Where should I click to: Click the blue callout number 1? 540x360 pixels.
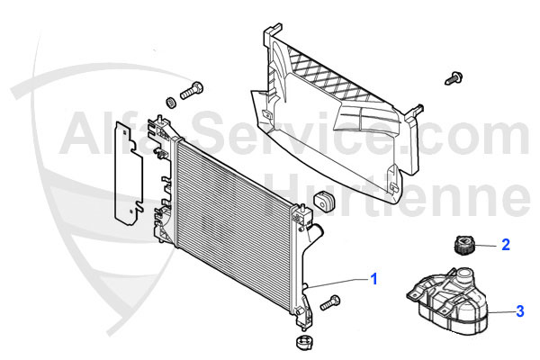point(374,279)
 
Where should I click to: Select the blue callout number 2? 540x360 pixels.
point(506,245)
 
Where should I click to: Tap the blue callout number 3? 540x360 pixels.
point(519,311)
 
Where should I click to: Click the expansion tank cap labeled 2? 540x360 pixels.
point(463,244)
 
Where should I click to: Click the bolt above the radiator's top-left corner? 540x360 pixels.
point(192,91)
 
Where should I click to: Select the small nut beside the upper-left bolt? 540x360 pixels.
point(170,102)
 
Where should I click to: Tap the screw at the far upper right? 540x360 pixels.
point(454,78)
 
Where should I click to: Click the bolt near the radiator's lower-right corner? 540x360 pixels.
point(330,302)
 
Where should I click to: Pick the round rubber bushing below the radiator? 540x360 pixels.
point(305,342)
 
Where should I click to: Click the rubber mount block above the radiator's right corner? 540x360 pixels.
point(324,200)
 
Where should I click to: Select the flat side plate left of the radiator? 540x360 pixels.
point(129,174)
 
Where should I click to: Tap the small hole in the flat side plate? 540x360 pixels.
point(131,211)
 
